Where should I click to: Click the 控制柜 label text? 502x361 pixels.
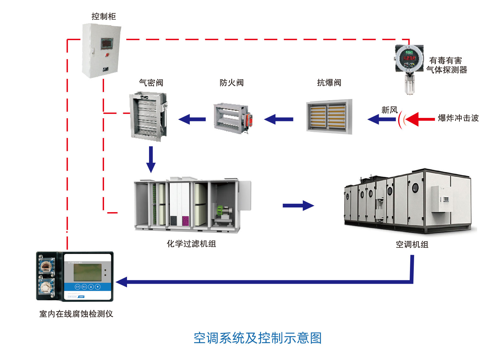(104, 16)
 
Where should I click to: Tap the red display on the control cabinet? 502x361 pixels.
(107, 44)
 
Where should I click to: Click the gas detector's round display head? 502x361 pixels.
(409, 59)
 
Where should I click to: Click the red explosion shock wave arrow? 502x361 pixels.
(420, 119)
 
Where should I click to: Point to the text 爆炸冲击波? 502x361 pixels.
(458, 118)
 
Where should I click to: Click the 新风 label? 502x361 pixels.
(389, 110)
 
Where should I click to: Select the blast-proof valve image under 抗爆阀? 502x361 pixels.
(329, 117)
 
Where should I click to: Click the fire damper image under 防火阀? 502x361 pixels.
(233, 119)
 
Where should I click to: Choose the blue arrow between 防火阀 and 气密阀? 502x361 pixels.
(192, 119)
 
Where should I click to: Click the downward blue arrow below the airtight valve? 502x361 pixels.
(151, 159)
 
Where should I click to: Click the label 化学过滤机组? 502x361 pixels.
(191, 244)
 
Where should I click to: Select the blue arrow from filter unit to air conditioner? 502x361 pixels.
(298, 206)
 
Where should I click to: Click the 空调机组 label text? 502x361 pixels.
(412, 244)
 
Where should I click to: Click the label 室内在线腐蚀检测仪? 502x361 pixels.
(76, 314)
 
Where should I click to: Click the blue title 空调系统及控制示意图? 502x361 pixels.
(257, 338)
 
